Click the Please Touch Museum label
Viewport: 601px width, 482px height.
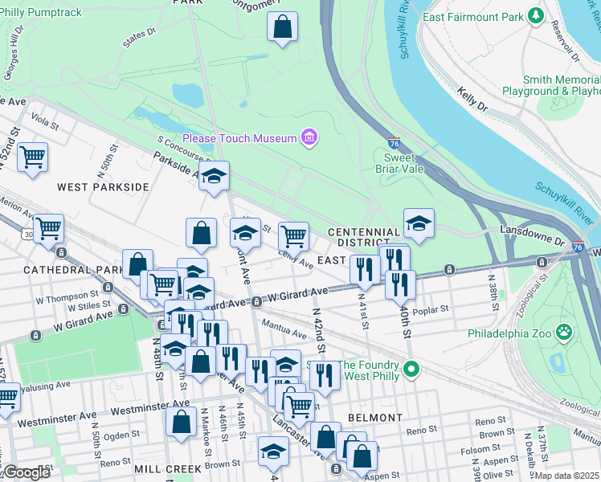[x=239, y=138]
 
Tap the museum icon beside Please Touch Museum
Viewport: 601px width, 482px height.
[x=309, y=138]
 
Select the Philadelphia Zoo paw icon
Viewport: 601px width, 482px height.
[x=565, y=332]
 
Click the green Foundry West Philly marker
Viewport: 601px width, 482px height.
[x=411, y=370]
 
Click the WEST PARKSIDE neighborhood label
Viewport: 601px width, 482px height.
[x=103, y=186]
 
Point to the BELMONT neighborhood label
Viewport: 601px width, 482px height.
[x=375, y=418]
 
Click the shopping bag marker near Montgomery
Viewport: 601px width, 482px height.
[x=282, y=28]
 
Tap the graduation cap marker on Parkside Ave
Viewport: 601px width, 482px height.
[x=214, y=178]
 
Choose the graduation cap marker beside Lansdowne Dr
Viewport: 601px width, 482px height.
[x=419, y=224]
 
